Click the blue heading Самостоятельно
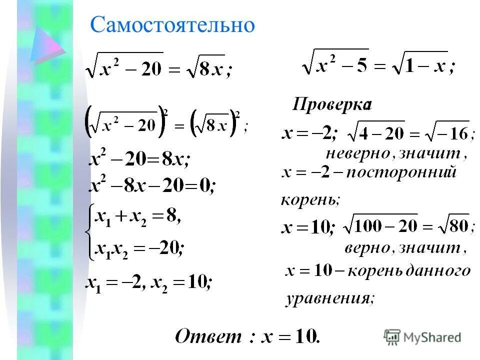172,24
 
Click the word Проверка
331,105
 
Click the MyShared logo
423,337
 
